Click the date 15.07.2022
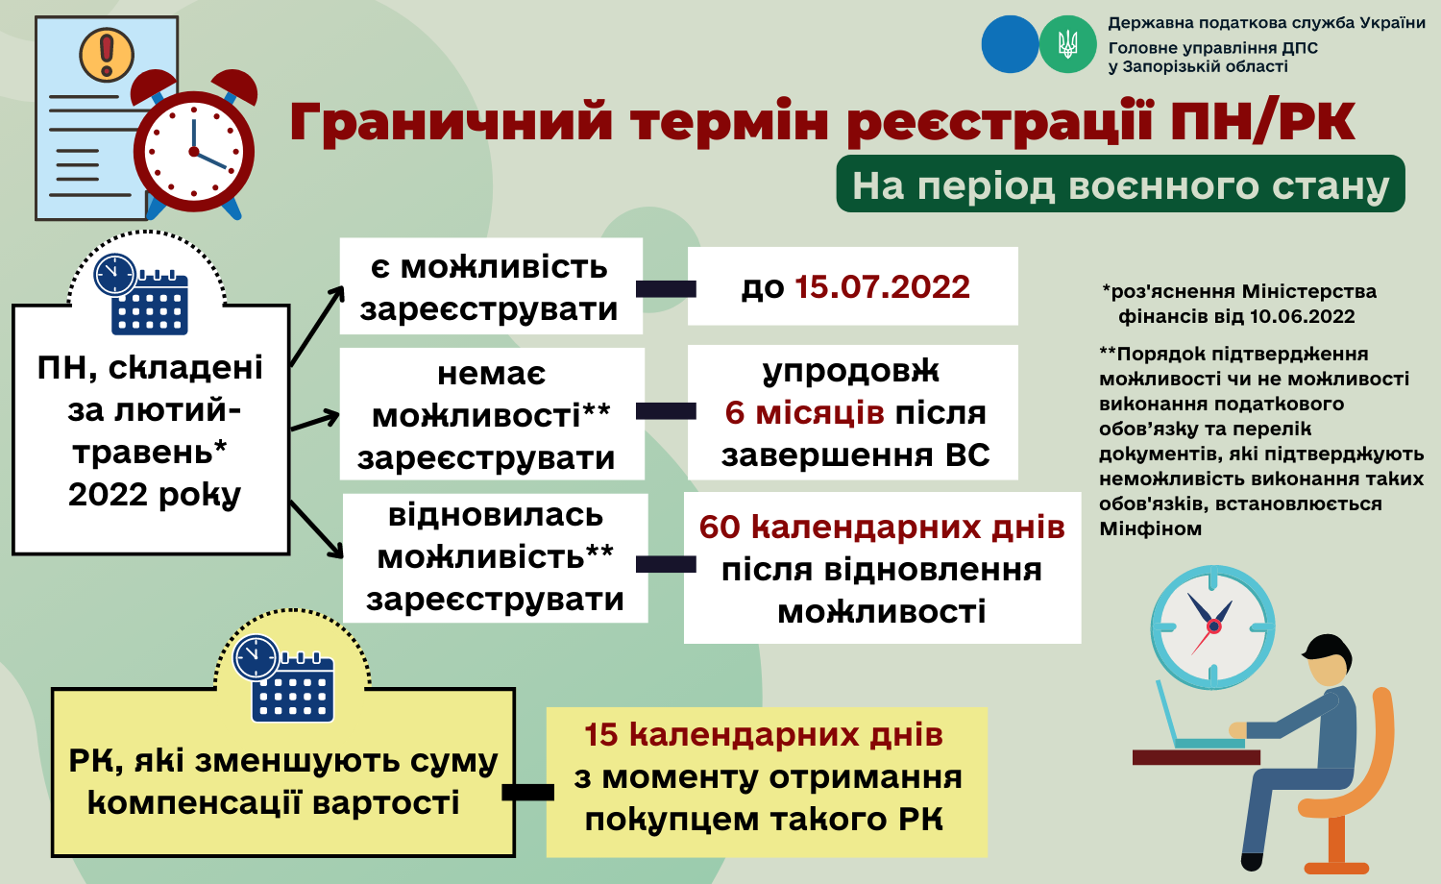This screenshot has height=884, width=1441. [882, 287]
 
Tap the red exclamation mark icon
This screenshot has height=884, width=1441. [107, 55]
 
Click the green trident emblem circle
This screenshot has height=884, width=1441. [1068, 44]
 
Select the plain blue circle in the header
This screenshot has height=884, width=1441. [1010, 44]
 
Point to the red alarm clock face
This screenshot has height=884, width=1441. [194, 152]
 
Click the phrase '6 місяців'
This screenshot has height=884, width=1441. [804, 412]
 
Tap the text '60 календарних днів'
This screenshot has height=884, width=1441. [882, 527]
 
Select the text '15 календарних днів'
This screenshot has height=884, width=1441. [764, 734]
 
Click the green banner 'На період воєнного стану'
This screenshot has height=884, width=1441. [1121, 184]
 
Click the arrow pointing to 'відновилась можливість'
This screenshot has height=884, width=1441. [316, 529]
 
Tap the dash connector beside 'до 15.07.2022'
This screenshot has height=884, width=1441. [666, 289]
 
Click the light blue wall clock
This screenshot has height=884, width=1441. [1212, 626]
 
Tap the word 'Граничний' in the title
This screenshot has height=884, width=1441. [450, 122]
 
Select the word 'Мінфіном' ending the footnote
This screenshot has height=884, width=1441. [1150, 528]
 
